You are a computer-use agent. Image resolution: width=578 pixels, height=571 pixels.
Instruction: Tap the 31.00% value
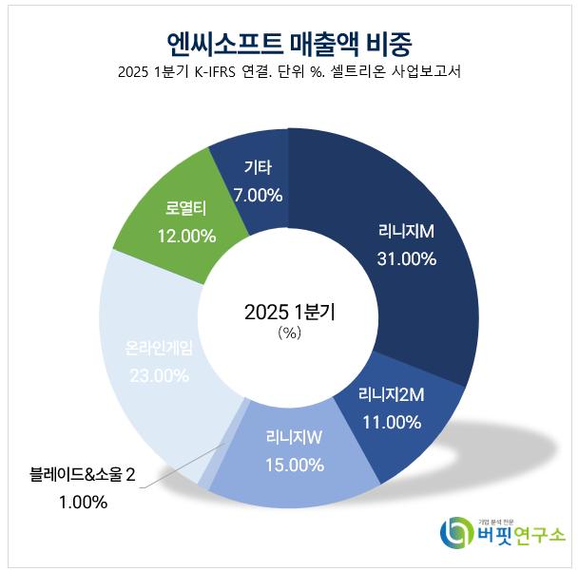point(406,258)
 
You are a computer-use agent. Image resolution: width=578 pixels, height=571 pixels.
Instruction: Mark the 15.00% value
point(293,466)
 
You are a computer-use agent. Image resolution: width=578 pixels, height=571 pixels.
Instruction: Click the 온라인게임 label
point(159,349)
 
